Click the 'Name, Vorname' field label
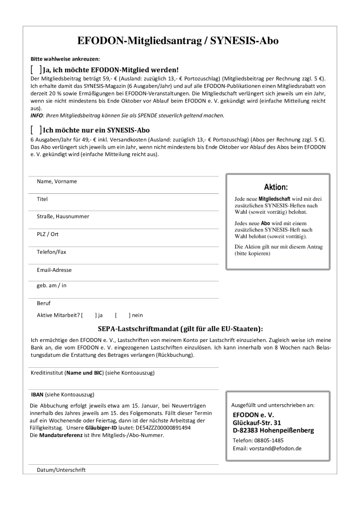[x=57, y=181]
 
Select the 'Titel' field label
[x=42, y=199]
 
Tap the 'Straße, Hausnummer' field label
[x=63, y=216]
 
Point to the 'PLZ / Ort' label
[x=48, y=234]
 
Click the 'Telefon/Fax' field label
[x=51, y=252]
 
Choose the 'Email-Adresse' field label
[x=54, y=270]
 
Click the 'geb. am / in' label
[x=52, y=285]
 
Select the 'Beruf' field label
[x=44, y=303]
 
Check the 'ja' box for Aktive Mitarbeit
[x=89, y=315]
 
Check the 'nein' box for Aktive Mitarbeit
[x=122, y=315]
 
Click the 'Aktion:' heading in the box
[x=277, y=187]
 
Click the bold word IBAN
[x=37, y=395]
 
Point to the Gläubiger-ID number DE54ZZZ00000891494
[x=161, y=427]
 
